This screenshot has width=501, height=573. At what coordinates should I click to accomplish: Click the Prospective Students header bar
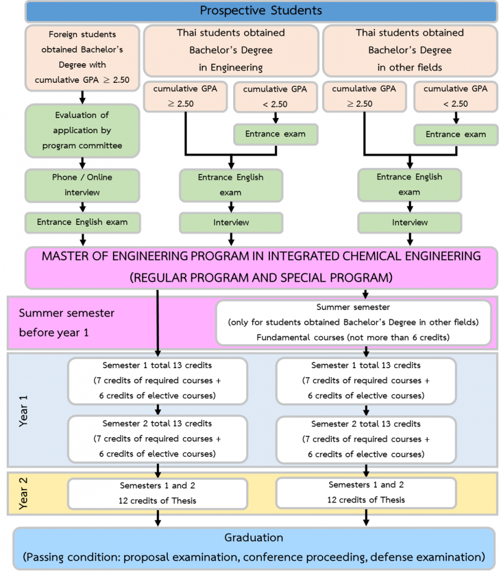[x=261, y=10]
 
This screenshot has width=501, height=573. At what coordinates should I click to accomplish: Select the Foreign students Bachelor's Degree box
[x=82, y=57]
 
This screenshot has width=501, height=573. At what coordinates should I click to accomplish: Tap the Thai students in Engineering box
[x=231, y=50]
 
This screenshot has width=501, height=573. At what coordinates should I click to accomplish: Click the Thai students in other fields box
[x=410, y=50]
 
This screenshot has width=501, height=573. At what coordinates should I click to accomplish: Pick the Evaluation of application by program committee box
[x=82, y=130]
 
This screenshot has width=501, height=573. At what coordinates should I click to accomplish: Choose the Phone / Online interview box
[x=82, y=185]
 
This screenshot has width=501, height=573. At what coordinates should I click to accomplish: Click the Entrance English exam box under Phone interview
[x=82, y=222]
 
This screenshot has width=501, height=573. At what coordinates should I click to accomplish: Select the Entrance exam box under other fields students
[x=456, y=134]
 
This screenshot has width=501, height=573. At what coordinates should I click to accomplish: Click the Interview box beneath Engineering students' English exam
[x=231, y=223]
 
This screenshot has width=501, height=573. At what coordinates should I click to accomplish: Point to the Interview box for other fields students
[x=410, y=223]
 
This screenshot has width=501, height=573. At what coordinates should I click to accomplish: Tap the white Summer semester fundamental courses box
[x=353, y=322]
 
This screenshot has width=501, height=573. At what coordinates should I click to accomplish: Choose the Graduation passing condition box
[x=253, y=548]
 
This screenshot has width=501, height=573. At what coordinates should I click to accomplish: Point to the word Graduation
[x=253, y=538]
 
